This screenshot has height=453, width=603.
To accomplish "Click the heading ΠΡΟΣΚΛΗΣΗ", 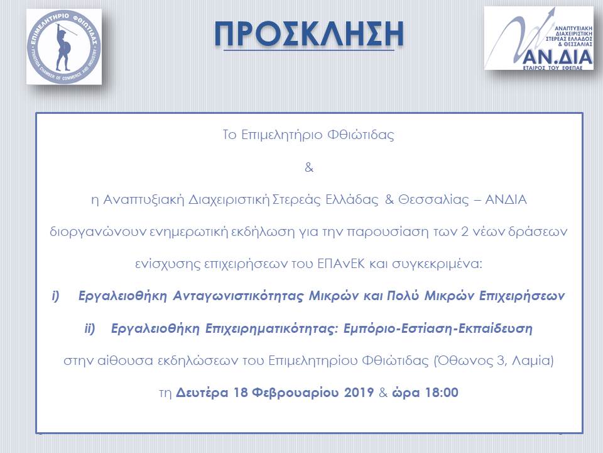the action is (x=309, y=34).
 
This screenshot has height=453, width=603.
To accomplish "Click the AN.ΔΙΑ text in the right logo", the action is (x=558, y=57).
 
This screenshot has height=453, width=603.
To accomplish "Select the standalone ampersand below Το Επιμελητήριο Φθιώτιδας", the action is (x=309, y=168).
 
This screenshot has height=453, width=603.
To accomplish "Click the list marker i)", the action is (x=55, y=296).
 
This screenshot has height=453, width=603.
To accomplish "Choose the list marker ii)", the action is (x=90, y=328).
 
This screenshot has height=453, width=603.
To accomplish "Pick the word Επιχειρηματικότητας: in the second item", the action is (x=271, y=329).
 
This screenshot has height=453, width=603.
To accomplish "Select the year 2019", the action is (x=359, y=393).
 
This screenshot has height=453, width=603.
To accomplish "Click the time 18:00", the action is (x=442, y=393).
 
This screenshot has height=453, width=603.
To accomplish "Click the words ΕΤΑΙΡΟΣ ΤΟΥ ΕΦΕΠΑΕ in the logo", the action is (x=553, y=68).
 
